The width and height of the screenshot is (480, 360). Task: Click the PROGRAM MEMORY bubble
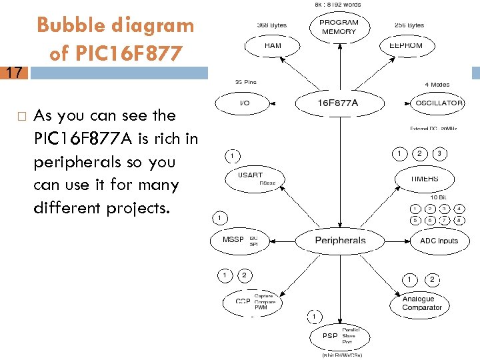tap(339, 27)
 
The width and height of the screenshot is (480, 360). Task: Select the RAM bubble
tap(273, 46)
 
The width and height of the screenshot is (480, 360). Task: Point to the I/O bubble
tap(245, 103)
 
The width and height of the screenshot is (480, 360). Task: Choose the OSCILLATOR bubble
tap(439, 103)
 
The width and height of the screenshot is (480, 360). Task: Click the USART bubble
tap(255, 178)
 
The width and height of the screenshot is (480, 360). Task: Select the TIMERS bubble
tap(426, 179)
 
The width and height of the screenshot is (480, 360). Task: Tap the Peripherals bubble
tap(340, 240)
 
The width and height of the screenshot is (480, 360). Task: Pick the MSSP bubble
tap(237, 239)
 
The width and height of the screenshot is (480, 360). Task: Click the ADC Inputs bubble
tap(439, 241)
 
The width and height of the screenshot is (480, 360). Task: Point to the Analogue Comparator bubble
tap(422, 303)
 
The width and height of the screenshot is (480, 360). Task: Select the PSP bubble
tap(337, 337)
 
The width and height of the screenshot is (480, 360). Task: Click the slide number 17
tap(14, 72)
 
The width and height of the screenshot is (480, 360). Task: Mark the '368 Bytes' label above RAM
tap(272, 25)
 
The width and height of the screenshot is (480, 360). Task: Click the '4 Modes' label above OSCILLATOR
tap(437, 85)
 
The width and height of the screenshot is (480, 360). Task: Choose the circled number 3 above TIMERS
tap(439, 154)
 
